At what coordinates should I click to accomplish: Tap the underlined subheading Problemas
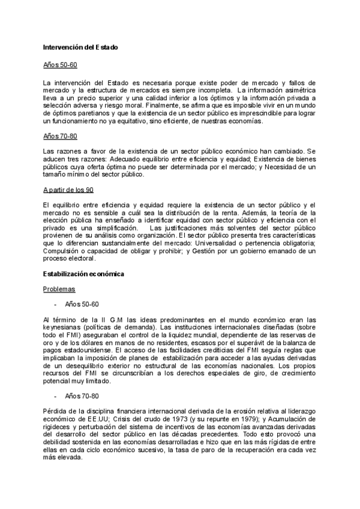click(x=59, y=289)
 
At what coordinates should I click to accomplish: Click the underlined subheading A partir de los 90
click(x=68, y=190)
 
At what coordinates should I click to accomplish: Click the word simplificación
click(x=110, y=228)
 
